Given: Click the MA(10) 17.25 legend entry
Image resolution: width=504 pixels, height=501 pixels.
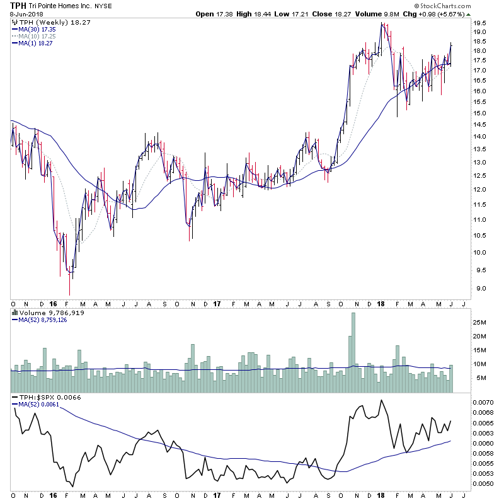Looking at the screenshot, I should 36,36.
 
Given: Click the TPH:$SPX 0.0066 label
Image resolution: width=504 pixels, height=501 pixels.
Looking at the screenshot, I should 43,398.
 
